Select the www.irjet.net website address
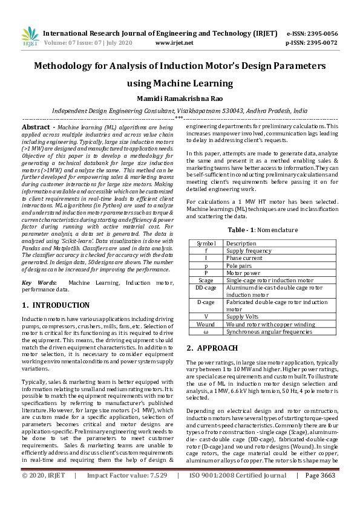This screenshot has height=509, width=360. point(174,43)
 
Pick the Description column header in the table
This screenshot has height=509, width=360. point(241,243)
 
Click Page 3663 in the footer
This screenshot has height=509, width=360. point(320,493)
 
